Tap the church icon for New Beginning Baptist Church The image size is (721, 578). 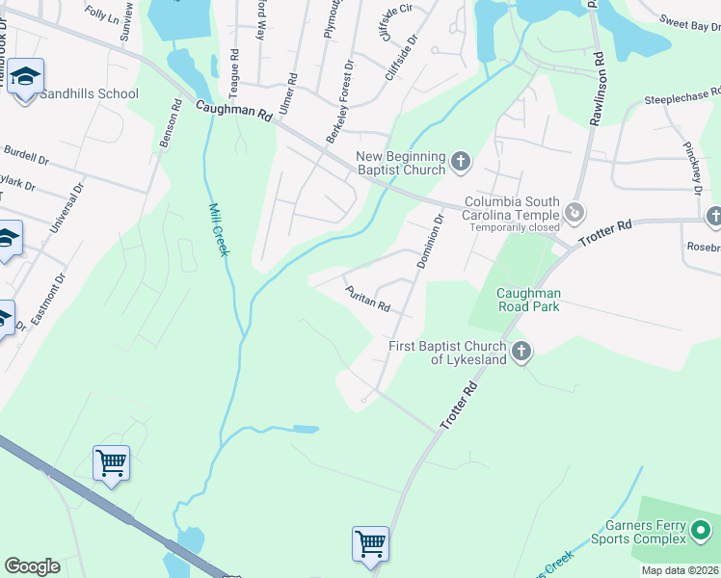pos(460,162)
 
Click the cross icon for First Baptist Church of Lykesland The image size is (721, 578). pos(521,352)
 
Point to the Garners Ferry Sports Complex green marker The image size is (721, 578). pos(701,530)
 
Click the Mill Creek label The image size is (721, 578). pos(219,229)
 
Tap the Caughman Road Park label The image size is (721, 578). pos(528,301)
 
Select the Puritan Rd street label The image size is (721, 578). pos(367,299)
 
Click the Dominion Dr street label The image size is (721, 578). pos(431,241)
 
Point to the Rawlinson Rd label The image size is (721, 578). pos(600,86)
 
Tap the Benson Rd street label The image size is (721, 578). pos(170,126)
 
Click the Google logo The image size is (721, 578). pos(32,566)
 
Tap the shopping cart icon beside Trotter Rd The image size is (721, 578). pos(371,545)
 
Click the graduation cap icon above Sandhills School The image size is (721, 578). pos(27,77)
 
